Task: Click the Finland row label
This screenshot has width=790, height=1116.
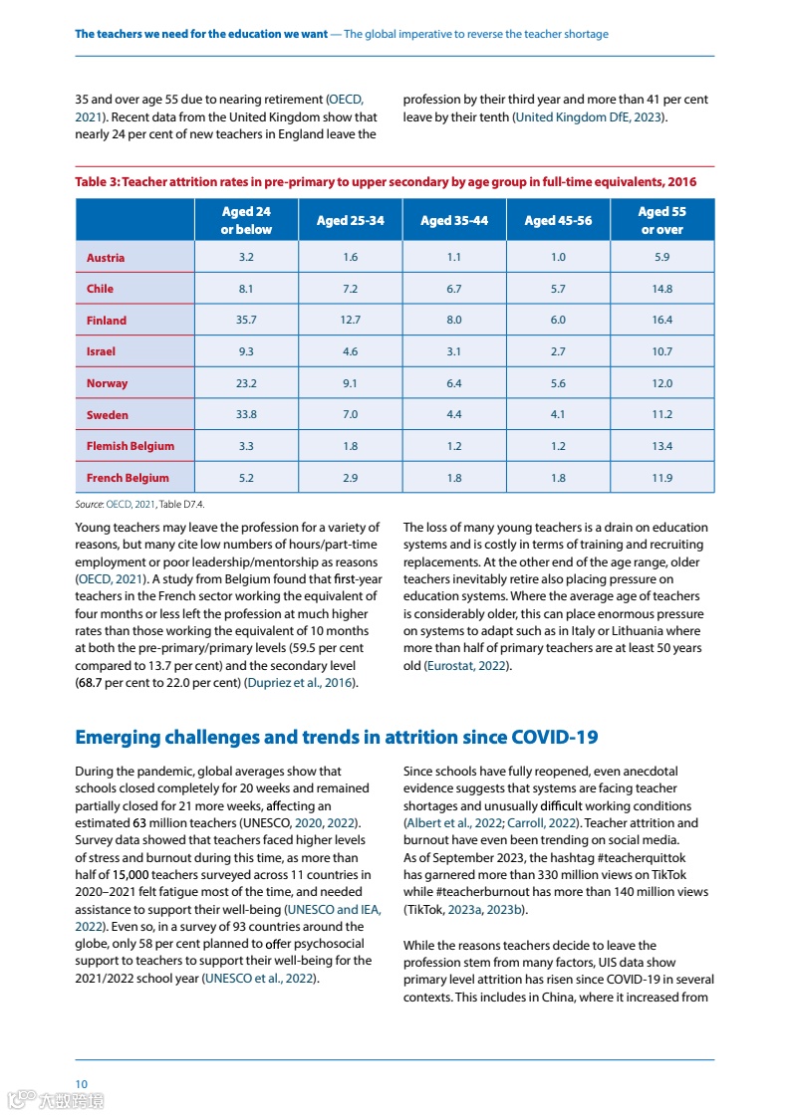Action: (107, 321)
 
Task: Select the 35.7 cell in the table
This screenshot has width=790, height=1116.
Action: (246, 321)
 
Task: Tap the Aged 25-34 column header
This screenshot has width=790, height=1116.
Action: (350, 220)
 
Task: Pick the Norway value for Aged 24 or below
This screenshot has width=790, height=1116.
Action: (246, 383)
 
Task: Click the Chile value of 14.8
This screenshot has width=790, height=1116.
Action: (661, 289)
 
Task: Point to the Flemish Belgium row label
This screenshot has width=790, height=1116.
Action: (130, 446)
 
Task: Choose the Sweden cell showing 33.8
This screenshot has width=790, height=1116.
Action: (246, 415)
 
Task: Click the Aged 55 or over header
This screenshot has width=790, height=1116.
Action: (661, 220)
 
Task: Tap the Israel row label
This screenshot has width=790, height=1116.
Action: (101, 351)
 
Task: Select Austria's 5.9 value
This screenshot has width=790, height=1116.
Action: (661, 257)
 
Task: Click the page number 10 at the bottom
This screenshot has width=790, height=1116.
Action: (82, 1083)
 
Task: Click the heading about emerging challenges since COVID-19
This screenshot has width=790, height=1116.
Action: (337, 738)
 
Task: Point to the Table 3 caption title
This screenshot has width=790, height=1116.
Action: (386, 182)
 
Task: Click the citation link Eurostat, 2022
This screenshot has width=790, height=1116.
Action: (467, 666)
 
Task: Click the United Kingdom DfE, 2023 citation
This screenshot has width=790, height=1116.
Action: (589, 117)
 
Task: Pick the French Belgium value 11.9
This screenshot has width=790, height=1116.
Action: (661, 478)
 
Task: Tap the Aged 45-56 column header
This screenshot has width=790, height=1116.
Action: (558, 220)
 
